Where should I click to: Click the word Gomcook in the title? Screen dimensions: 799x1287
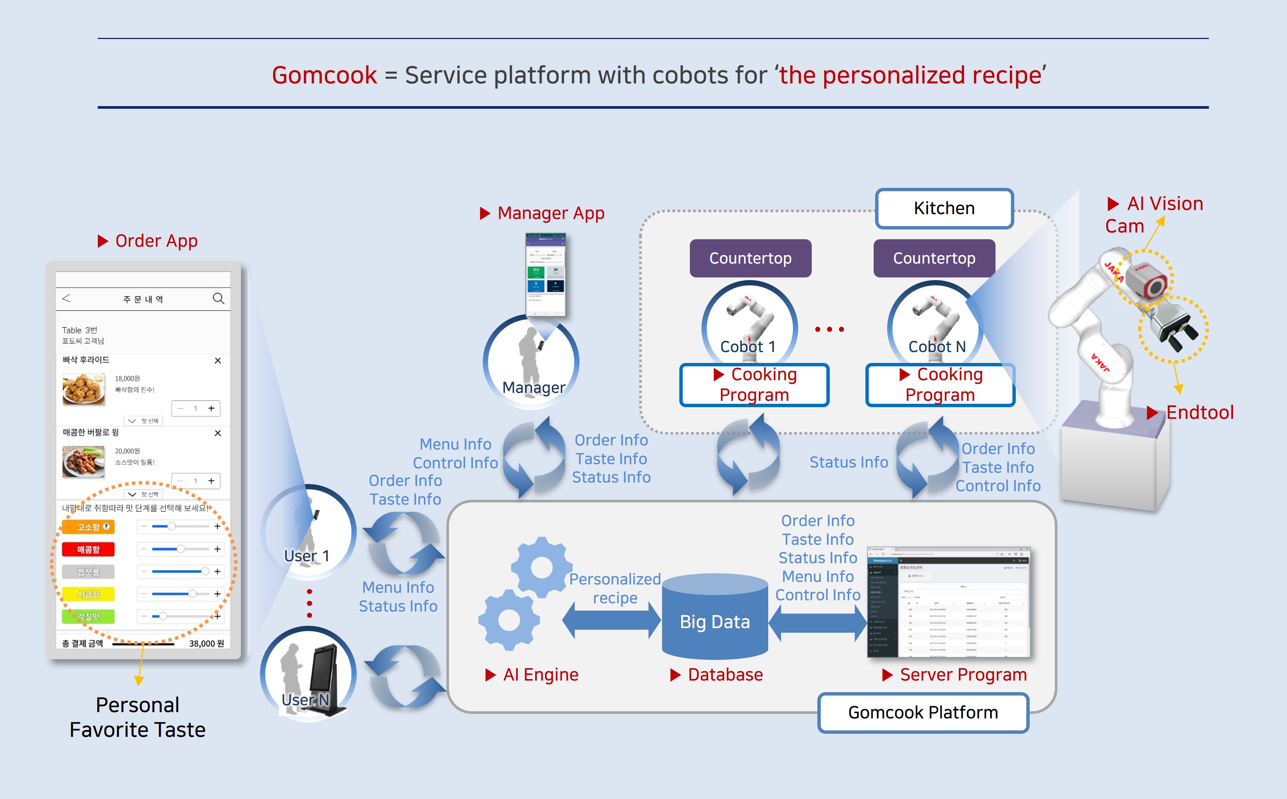tap(324, 75)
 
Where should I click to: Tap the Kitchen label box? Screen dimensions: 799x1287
tap(944, 208)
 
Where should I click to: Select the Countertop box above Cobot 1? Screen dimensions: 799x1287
tap(750, 258)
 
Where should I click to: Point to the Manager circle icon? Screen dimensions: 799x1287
tap(531, 362)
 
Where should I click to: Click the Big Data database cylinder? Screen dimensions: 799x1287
tap(715, 618)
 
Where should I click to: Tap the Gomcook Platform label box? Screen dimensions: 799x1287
tap(923, 712)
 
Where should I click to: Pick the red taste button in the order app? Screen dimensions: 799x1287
tap(88, 550)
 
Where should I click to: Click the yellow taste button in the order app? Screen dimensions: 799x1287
tap(88, 594)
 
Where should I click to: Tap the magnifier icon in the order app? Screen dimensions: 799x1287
tap(218, 298)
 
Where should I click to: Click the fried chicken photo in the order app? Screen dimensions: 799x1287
tap(84, 389)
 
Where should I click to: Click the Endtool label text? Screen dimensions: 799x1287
tap(1200, 412)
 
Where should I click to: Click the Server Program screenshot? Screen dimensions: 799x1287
tap(949, 603)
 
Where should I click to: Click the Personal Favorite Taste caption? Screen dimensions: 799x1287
tap(137, 717)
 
